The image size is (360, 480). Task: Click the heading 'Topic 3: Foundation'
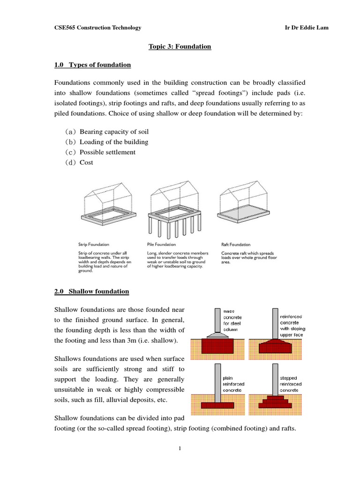(x=180, y=46)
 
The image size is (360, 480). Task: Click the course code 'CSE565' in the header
(x=65, y=28)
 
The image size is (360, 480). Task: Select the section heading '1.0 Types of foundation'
(x=92, y=65)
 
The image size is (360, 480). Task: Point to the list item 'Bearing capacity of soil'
(x=114, y=132)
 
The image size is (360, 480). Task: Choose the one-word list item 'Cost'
(x=86, y=163)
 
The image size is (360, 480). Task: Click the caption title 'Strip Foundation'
(x=94, y=244)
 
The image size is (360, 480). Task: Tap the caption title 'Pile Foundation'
(x=161, y=244)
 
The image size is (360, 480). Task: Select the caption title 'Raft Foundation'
(x=236, y=244)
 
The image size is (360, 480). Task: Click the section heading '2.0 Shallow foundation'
(x=91, y=292)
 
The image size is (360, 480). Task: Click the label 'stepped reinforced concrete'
(x=291, y=383)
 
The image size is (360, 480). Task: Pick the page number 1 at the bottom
(x=180, y=449)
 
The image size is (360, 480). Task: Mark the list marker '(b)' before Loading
(x=71, y=142)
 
